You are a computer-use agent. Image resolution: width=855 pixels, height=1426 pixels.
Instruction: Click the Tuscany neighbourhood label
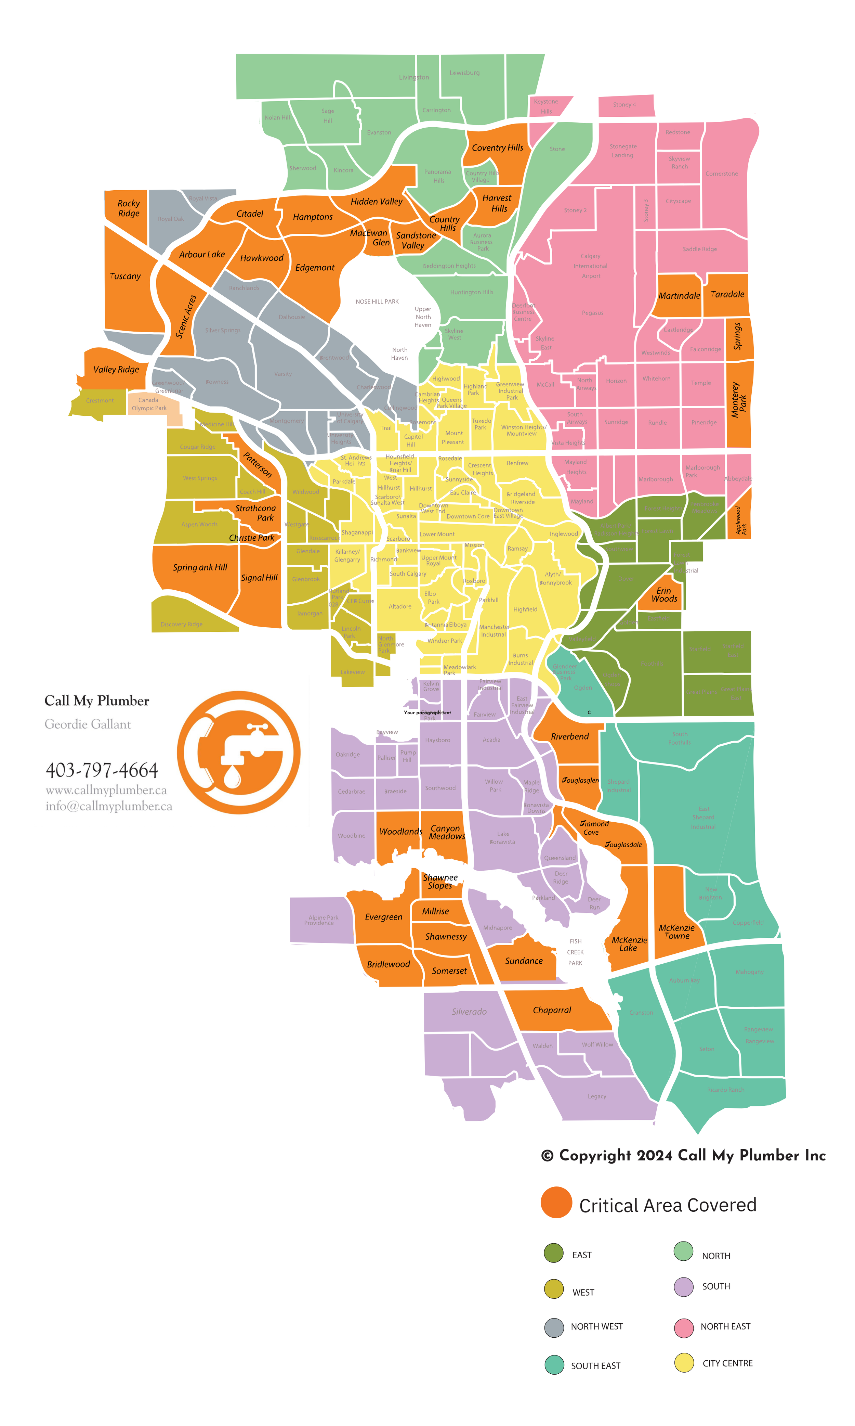126,276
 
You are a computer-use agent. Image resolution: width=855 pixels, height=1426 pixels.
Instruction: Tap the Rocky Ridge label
129,208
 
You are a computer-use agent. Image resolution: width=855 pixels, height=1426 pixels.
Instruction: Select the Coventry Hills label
497,147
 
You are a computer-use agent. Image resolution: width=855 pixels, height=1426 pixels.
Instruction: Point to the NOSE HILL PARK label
377,301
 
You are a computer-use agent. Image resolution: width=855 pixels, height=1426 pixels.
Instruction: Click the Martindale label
679,296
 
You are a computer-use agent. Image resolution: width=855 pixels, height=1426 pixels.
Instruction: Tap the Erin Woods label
664,595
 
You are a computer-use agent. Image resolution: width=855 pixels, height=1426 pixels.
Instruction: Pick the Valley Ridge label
116,370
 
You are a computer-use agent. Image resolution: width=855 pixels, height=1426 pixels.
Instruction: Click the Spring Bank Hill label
200,567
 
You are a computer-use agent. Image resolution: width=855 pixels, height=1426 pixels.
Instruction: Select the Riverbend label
570,737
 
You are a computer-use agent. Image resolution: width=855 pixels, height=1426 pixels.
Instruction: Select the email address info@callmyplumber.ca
109,806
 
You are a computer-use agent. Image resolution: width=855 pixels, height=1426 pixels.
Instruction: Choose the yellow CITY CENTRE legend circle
684,1363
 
